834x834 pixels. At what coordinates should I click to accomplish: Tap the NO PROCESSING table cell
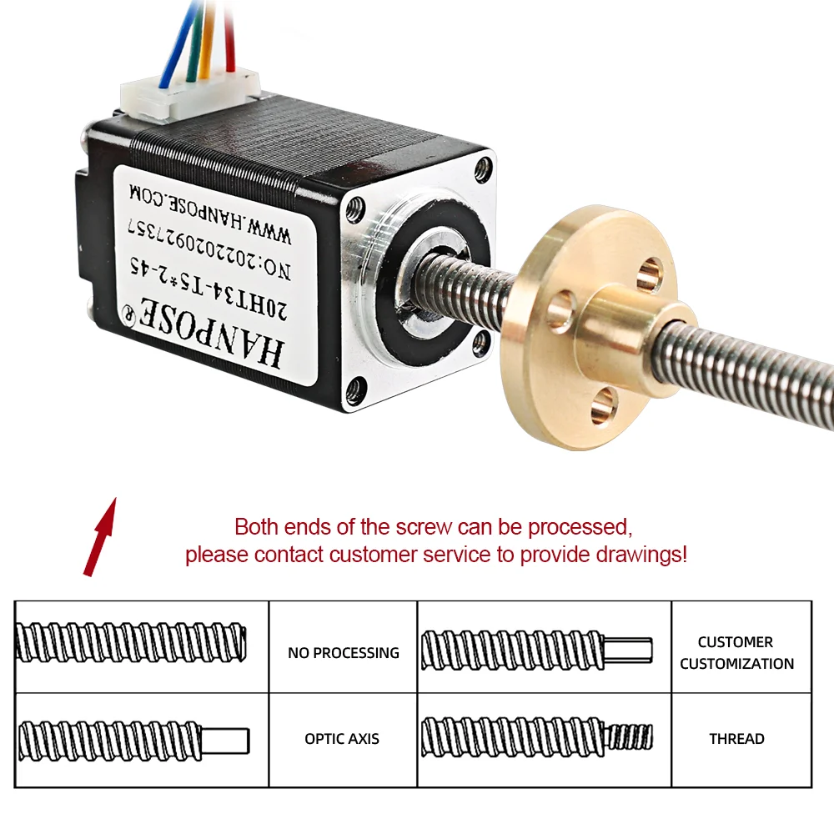[343, 653]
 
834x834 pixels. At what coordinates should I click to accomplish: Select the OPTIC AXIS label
[342, 739]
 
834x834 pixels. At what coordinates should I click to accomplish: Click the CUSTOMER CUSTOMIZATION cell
[736, 653]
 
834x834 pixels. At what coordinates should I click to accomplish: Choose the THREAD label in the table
[736, 739]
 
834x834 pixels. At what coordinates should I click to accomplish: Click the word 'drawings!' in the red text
[646, 555]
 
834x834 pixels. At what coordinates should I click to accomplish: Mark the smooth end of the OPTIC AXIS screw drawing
[227, 738]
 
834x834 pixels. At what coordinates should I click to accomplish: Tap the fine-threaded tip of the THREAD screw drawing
[631, 736]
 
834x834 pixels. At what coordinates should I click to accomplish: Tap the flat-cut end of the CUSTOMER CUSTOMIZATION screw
[631, 650]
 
